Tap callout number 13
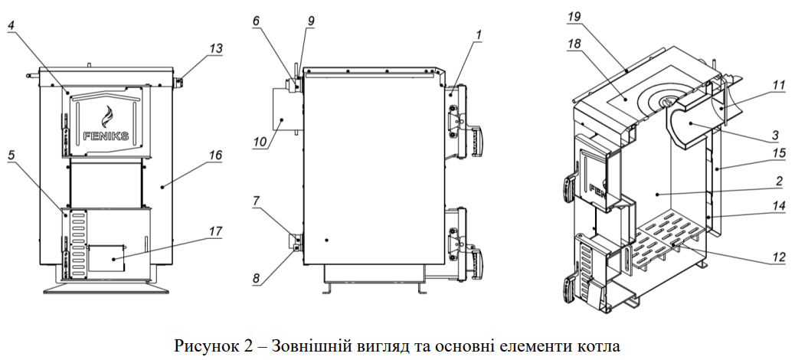(x=217, y=47)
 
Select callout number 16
(x=215, y=155)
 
